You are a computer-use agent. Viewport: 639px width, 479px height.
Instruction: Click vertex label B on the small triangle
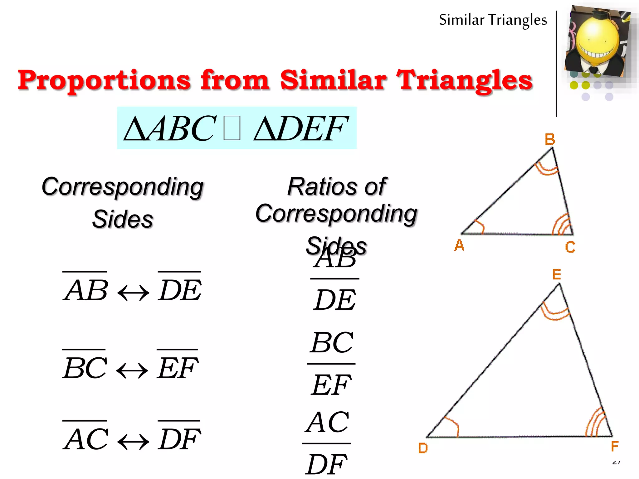[550, 139]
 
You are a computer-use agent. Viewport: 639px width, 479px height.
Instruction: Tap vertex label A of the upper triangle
[459, 245]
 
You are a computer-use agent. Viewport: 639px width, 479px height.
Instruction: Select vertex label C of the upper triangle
[570, 247]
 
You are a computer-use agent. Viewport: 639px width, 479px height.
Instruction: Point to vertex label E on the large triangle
[557, 274]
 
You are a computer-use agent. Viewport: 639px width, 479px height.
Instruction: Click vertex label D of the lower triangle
[423, 448]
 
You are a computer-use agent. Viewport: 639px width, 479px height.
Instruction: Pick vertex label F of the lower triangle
[614, 446]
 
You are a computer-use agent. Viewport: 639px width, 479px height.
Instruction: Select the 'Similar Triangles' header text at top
[493, 20]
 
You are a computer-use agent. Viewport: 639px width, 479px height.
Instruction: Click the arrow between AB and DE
[133, 293]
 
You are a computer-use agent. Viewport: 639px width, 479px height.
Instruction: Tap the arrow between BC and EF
[132, 371]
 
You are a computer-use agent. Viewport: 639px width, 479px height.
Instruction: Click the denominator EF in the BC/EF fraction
[331, 385]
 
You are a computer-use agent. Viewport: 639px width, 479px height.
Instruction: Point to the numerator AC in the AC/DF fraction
[327, 423]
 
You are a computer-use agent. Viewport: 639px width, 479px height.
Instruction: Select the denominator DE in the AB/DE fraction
[335, 300]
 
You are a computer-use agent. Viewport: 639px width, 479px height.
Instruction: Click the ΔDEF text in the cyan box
[300, 128]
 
